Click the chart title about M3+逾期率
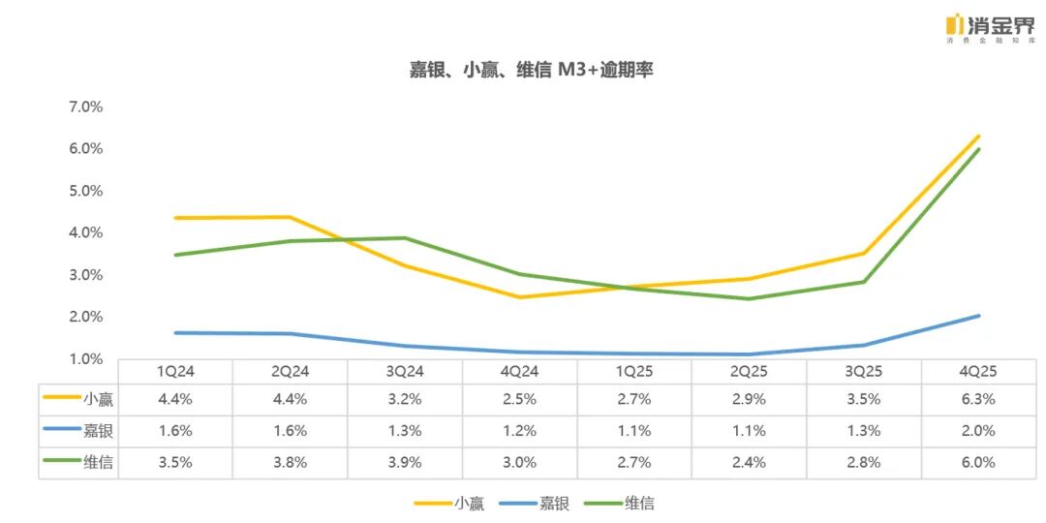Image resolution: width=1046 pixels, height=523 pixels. point(530,70)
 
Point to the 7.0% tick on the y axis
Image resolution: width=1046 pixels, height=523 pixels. point(85,107)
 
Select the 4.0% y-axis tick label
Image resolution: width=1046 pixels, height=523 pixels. point(85,232)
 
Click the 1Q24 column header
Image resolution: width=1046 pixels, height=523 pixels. point(175,372)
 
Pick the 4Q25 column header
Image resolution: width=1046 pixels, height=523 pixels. point(978,372)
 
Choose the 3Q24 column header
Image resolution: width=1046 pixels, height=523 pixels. point(405,372)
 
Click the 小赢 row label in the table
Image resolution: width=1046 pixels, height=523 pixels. point(97,399)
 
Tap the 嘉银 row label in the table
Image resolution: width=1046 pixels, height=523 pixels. point(97,431)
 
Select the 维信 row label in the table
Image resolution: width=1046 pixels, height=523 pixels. point(97,463)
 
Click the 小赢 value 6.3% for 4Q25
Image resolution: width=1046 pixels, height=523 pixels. point(978,399)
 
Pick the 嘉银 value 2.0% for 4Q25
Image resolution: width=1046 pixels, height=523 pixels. point(978,431)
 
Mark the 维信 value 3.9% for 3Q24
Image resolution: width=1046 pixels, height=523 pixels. point(405,463)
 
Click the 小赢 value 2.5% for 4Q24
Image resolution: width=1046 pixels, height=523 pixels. point(520,399)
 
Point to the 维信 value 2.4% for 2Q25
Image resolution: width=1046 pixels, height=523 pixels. point(750,463)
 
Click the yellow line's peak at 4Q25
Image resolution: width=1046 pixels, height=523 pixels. point(979,137)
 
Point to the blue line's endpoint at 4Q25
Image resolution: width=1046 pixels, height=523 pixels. point(979,316)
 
